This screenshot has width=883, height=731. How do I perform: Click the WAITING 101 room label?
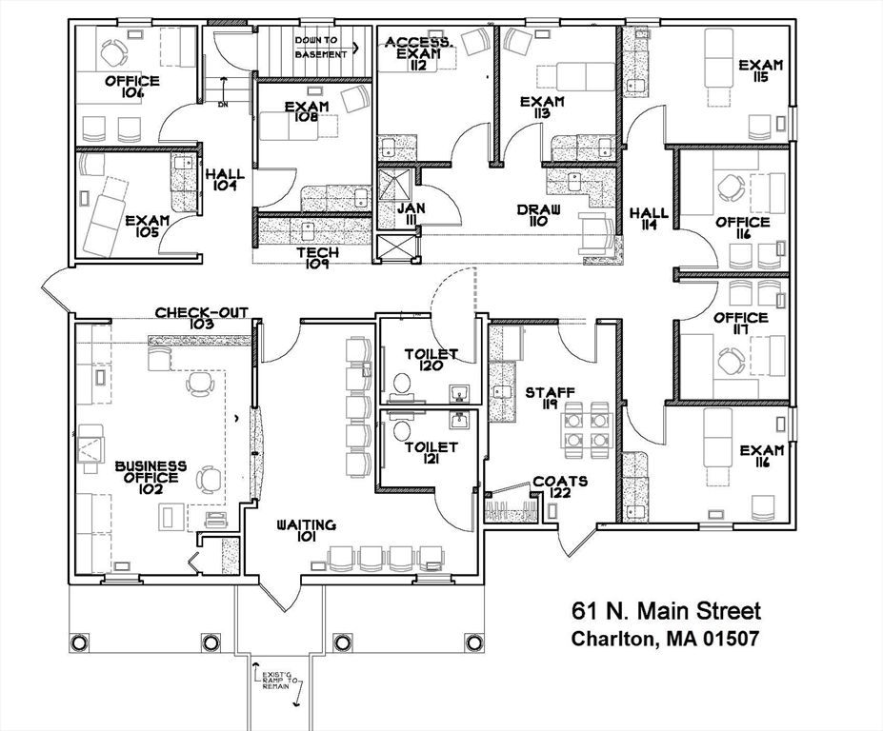[307, 530]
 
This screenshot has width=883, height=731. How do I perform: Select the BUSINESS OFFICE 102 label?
[151, 472]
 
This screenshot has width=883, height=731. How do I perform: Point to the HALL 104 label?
[226, 181]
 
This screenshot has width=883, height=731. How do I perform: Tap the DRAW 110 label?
[539, 215]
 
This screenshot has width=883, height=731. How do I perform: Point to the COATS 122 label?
[560, 487]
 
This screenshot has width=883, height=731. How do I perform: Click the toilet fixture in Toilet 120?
[403, 383]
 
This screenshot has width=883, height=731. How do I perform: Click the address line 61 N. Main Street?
[666, 610]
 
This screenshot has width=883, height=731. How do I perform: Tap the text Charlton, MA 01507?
[665, 639]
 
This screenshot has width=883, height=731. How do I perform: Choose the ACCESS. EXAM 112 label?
[419, 53]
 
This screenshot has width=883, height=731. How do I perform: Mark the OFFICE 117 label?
[741, 324]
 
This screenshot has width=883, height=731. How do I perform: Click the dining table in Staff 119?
[586, 425]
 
